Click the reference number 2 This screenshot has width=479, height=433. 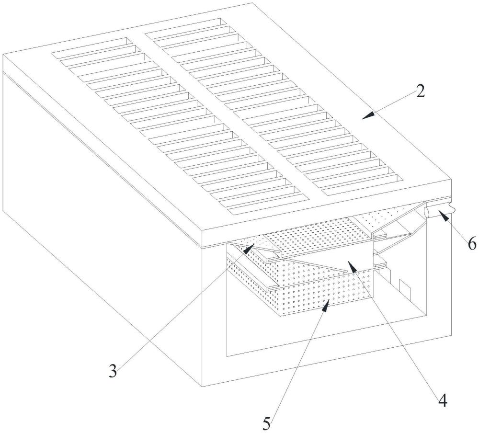click(x=420, y=91)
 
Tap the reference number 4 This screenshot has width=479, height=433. click(x=443, y=400)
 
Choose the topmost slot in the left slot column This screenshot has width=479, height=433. click(x=91, y=46)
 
